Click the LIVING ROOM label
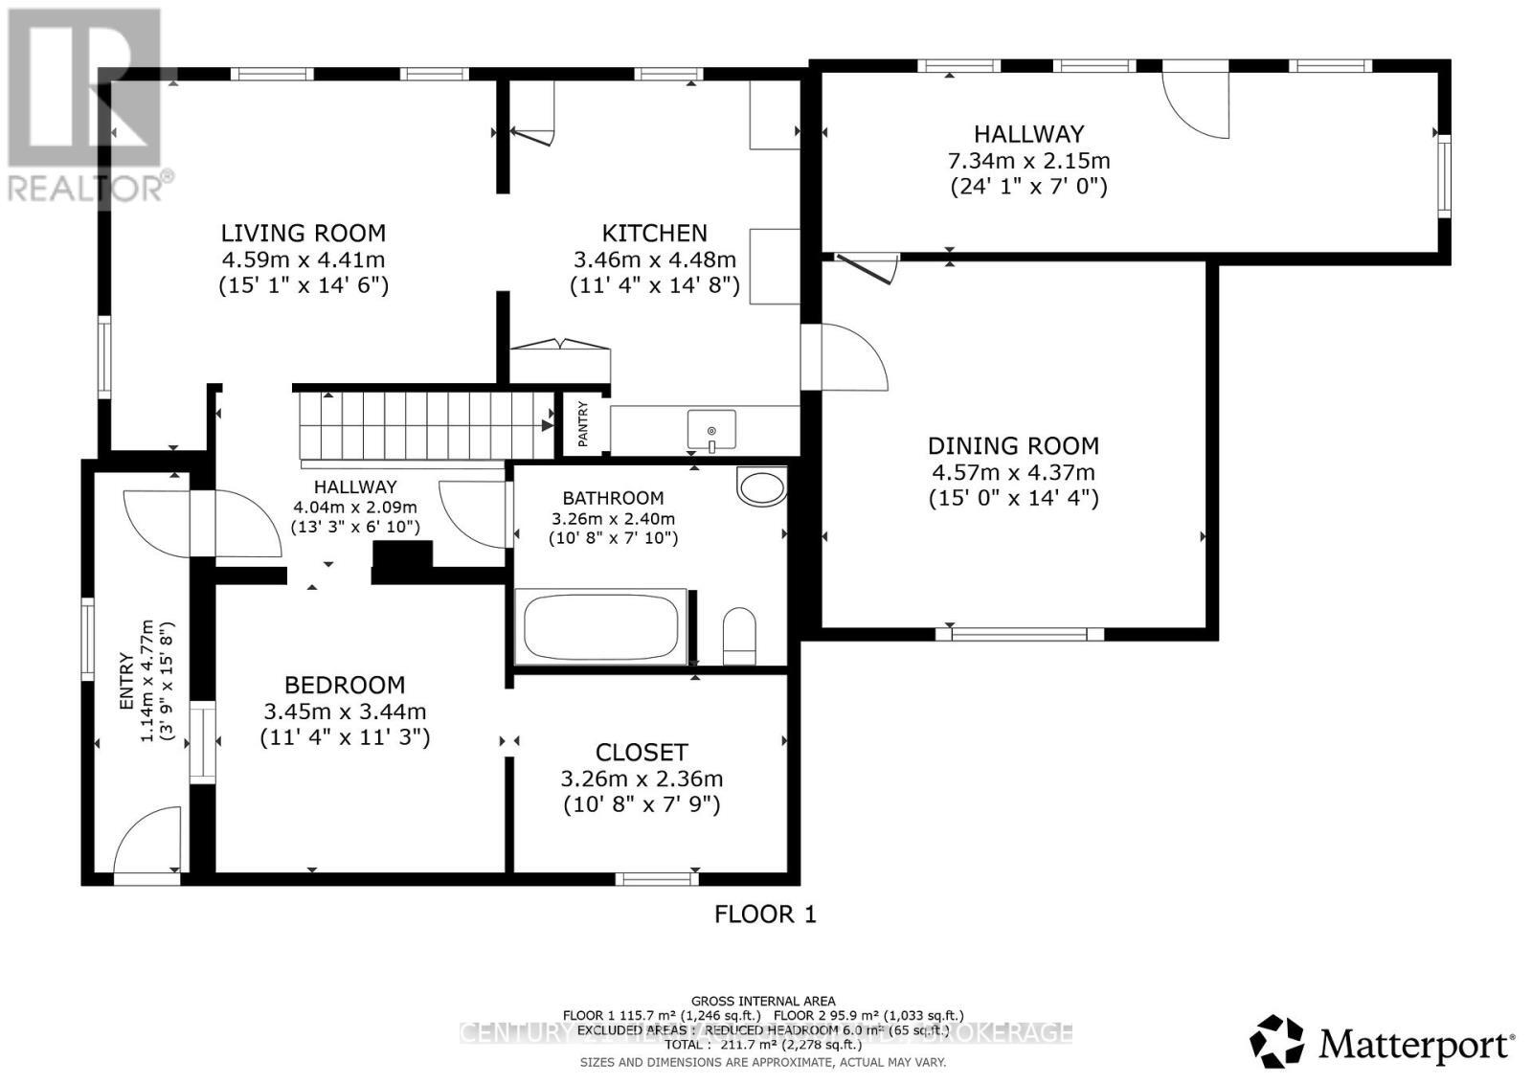[304, 233]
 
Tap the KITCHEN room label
[654, 233]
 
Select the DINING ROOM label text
[1013, 445]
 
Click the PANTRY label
[583, 423]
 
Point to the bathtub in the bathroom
[601, 627]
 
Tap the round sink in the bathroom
[762, 486]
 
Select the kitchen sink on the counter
[711, 428]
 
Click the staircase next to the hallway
[425, 425]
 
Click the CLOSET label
[642, 753]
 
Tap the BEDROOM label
[345, 685]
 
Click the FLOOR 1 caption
[765, 915]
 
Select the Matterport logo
[1383, 1042]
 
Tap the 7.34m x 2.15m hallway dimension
[1028, 161]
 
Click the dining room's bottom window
[1020, 633]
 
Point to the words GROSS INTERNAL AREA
[762, 1001]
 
